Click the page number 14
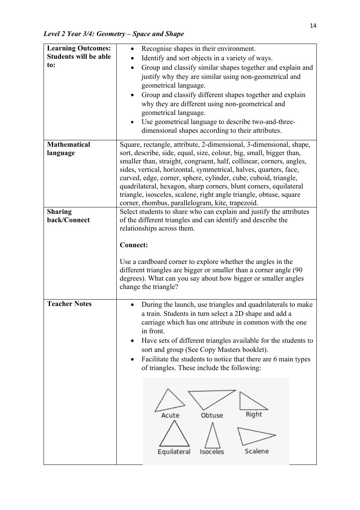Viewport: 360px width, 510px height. click(313, 26)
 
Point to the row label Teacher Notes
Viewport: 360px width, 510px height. click(69, 304)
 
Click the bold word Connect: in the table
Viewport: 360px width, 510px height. click(134, 245)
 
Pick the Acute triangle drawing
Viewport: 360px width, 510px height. click(169, 401)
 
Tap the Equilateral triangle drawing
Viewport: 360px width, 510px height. click(174, 435)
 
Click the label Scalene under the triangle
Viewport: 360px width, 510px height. click(257, 451)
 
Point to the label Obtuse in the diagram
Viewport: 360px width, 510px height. click(212, 415)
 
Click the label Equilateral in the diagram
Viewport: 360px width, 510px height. click(174, 452)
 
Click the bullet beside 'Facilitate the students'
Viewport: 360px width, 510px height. click(132, 359)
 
